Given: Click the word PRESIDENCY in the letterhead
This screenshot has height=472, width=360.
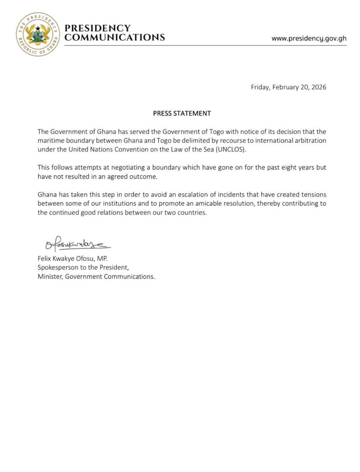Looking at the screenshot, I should (97, 29).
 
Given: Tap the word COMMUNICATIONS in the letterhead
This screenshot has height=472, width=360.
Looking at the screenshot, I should (115, 37).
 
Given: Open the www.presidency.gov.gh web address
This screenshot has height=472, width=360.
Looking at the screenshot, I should (309, 38).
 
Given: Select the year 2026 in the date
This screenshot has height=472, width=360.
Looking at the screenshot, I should (317, 87).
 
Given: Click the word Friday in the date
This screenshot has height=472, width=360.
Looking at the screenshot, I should (260, 87).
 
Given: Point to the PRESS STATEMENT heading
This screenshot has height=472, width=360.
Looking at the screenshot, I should (182, 113).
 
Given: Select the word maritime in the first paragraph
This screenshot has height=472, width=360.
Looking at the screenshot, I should (51, 140).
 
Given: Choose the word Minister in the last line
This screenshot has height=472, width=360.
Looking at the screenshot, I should (50, 276).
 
